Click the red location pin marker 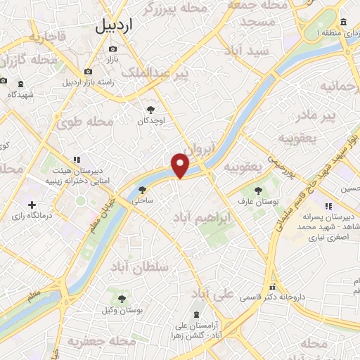coord(181,165)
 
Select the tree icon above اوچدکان coord(150,109)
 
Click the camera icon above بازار coord(112,49)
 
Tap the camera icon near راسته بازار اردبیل coord(88,71)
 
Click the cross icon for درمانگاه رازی coord(32,204)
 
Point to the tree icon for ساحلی coord(143,189)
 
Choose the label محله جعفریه coord(101,341)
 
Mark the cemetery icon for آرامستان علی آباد coord(195,314)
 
